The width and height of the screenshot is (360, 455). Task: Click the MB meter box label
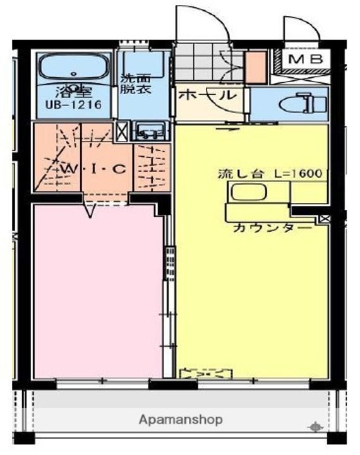(306, 59)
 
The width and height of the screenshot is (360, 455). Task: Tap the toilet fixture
(303, 103)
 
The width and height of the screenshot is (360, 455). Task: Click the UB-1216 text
(73, 105)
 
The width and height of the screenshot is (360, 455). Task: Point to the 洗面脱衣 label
(136, 83)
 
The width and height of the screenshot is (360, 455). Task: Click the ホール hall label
(207, 95)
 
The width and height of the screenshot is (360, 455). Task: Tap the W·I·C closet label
(94, 169)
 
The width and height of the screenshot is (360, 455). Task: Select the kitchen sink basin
(249, 192)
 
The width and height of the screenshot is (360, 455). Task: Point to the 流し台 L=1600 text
(270, 174)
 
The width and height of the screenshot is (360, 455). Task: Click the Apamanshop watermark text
(181, 420)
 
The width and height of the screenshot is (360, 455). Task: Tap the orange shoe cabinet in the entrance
(256, 67)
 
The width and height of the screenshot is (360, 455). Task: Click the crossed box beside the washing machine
(122, 131)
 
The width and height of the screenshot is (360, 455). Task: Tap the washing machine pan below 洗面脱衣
(149, 131)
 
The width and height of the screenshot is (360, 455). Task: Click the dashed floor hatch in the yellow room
(206, 373)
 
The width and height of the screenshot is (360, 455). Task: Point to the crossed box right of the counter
(325, 219)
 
